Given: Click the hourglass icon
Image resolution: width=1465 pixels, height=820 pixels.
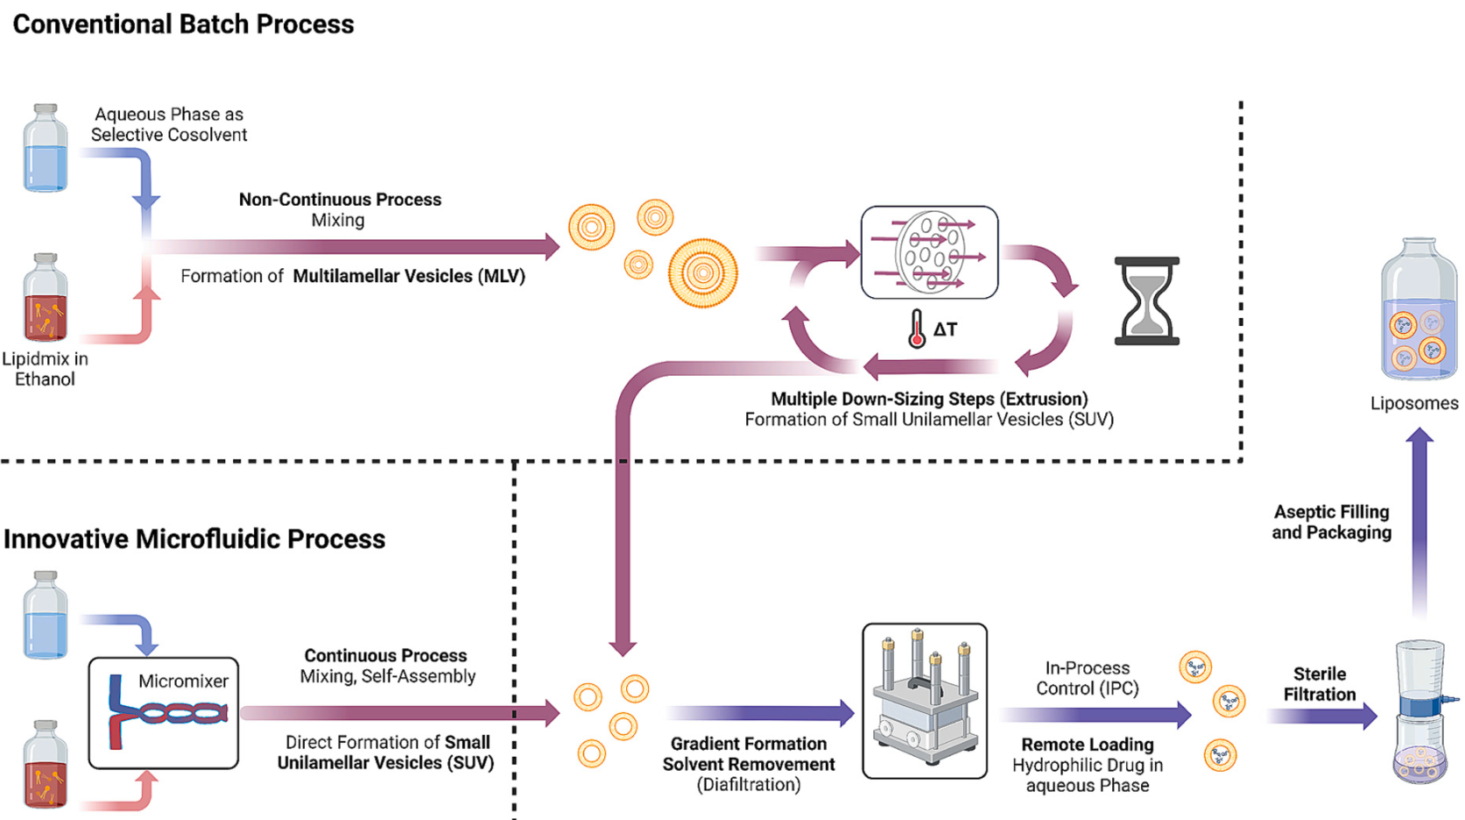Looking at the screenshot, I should tap(1146, 300).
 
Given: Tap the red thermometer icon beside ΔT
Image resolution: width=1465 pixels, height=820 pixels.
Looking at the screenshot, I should tap(916, 329).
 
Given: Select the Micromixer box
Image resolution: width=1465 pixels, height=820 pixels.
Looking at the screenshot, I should tap(164, 713).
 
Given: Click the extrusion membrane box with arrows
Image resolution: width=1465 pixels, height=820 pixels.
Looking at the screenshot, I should tap(929, 252).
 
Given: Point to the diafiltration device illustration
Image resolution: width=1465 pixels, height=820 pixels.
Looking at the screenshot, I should tap(925, 701).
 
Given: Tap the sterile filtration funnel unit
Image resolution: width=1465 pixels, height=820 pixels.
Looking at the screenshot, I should tap(1419, 711).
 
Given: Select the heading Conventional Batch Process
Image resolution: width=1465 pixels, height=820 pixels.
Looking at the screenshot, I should tap(183, 25).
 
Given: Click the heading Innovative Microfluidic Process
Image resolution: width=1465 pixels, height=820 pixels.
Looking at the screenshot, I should tap(194, 539).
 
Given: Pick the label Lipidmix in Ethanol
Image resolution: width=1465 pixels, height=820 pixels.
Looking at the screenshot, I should tap(45, 369).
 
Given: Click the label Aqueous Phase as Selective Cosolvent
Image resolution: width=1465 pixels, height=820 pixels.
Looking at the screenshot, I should tap(169, 124).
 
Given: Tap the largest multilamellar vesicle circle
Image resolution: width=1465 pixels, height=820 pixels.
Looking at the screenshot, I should tap(702, 272).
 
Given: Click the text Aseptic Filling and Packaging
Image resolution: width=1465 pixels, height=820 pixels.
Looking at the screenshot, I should tap(1331, 522).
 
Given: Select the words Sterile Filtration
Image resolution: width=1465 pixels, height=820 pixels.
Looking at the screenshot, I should tap(1319, 684).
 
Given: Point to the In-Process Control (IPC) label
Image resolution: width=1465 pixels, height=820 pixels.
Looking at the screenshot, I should tap(1088, 678).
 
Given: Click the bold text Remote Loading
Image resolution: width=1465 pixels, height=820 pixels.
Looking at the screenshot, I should tap(1088, 745).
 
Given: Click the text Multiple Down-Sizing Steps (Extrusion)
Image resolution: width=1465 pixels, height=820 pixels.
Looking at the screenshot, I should tap(929, 399).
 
